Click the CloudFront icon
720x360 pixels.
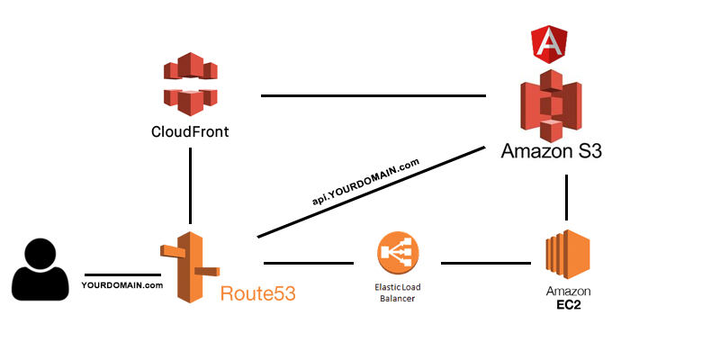190,84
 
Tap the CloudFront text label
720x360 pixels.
190,132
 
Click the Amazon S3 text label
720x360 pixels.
551,149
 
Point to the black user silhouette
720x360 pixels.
40,269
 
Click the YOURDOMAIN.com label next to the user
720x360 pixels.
121,285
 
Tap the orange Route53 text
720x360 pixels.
257,292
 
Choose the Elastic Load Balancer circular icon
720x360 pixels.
397,255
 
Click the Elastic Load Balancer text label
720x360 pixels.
397,292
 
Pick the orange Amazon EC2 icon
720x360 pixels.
566,255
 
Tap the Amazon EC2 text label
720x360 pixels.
566,297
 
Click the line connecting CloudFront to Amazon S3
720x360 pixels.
373,95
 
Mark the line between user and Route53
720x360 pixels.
122,274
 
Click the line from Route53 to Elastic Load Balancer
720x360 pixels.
308,264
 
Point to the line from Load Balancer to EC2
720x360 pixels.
486,264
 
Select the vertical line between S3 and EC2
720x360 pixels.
566,197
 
